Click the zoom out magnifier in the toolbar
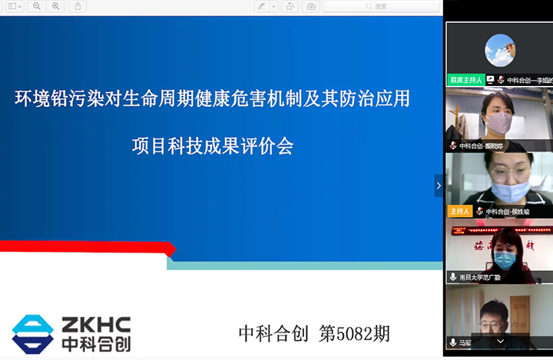click(36, 6)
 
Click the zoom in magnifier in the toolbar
click(55, 6)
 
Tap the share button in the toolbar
click(78, 6)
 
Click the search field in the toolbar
click(381, 6)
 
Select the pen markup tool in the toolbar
click(262, 6)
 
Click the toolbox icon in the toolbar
click(310, 6)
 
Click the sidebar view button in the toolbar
click(12, 6)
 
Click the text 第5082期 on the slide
click(354, 334)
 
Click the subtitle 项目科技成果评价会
click(213, 146)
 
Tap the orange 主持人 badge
click(459, 211)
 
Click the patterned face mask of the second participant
click(498, 122)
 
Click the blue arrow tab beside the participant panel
click(439, 185)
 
